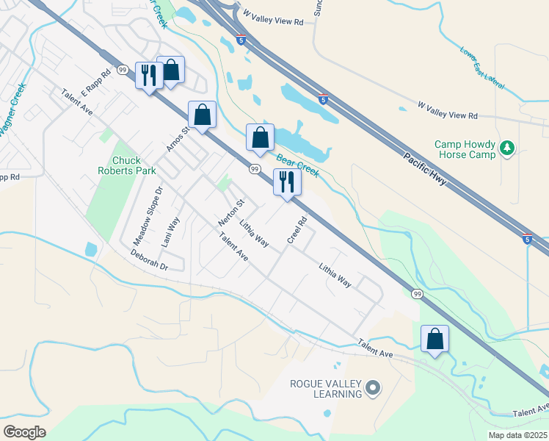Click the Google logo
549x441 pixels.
[x=25, y=431]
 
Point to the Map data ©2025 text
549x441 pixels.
[x=517, y=435]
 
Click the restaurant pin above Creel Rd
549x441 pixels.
[x=286, y=182]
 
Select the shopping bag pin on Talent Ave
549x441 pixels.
[x=435, y=340]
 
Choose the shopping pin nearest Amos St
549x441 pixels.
[x=202, y=115]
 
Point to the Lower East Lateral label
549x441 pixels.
[x=482, y=68]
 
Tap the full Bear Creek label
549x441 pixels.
[x=297, y=165]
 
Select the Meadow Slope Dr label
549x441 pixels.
[x=148, y=216]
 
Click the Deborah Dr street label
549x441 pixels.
[x=150, y=261]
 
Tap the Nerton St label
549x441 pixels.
[x=230, y=212]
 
